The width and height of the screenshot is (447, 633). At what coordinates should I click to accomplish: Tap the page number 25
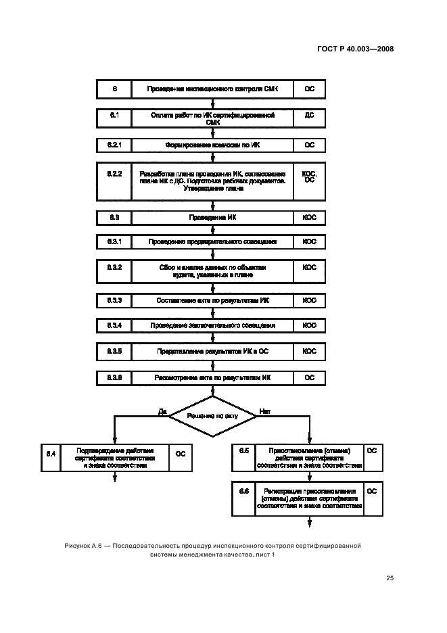click(390, 578)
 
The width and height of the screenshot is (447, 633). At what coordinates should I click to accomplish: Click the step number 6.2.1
click(114, 145)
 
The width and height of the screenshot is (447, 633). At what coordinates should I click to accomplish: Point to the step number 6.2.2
click(114, 174)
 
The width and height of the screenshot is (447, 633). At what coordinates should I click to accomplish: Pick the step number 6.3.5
click(114, 351)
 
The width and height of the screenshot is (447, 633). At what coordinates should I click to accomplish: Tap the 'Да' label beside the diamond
click(162, 411)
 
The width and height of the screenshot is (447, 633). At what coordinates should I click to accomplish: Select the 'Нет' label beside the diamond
click(264, 411)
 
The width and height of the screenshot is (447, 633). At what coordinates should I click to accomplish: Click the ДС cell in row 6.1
click(309, 116)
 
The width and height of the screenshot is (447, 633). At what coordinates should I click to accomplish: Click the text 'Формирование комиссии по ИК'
click(212, 145)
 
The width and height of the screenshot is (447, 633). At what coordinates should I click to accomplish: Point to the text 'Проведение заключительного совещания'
click(212, 325)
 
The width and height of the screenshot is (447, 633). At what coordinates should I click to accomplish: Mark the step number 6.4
click(51, 452)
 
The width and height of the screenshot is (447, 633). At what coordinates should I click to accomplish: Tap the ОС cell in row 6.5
click(371, 450)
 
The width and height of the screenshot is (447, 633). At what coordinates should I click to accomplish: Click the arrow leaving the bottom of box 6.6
click(310, 521)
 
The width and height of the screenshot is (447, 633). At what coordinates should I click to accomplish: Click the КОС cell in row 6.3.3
click(309, 300)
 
